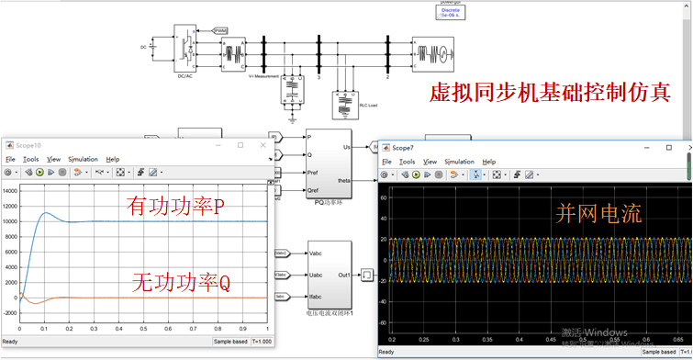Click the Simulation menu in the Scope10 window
coord(82,159)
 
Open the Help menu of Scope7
coord(488,162)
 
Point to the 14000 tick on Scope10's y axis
coord(10,190)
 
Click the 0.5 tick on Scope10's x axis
coord(142,329)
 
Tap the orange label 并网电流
coord(598,214)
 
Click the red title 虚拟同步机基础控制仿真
coord(550,93)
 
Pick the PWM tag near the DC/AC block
coord(220,30)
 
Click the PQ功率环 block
coord(329,165)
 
